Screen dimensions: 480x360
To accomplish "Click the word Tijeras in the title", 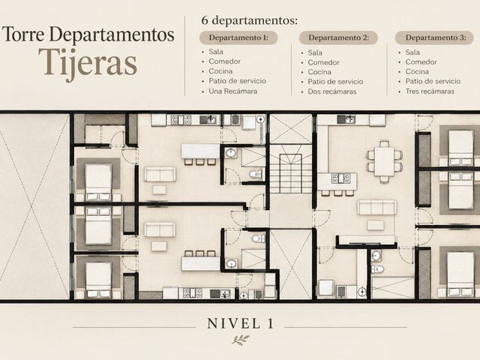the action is tap(88, 64).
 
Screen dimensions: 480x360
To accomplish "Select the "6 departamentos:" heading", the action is tap(250, 20).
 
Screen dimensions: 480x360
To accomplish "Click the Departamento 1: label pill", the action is tap(238, 38).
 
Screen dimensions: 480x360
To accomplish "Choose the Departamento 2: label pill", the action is tap(338, 38).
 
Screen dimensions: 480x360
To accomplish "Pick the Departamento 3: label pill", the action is tap(434, 38).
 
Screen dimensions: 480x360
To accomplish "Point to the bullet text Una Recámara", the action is tap(233, 91).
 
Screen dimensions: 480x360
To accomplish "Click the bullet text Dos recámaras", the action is tap(332, 91).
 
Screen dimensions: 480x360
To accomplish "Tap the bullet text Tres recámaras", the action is tap(430, 91).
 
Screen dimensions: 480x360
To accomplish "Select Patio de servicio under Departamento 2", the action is tap(335, 82).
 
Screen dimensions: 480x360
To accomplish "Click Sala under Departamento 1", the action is tap(216, 52).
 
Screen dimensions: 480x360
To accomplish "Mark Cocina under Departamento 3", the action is tap(417, 72).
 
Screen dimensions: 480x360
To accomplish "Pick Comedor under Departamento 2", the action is tap(323, 62).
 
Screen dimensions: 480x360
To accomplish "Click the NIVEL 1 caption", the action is tap(240, 323).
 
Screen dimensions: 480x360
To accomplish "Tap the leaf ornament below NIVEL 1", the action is tap(240, 340).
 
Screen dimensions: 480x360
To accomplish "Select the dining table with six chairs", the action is tap(384, 161).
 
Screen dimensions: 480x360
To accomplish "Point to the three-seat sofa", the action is tap(376, 207).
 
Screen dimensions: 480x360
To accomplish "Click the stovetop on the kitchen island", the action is tap(340, 178).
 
